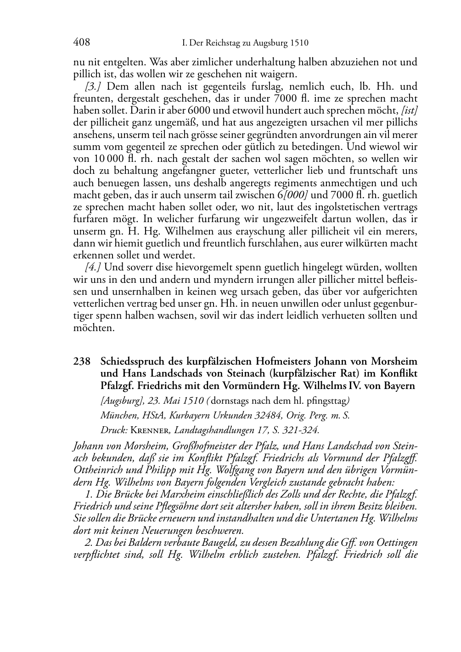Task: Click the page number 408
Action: point(81,43)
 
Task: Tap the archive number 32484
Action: point(269,415)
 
